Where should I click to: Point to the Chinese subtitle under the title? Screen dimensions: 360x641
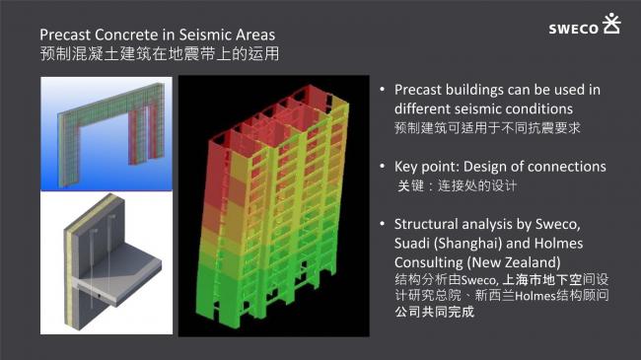click(x=159, y=55)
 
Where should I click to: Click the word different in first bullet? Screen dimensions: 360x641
click(x=424, y=108)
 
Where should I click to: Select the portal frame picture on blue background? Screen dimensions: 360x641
click(x=107, y=130)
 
